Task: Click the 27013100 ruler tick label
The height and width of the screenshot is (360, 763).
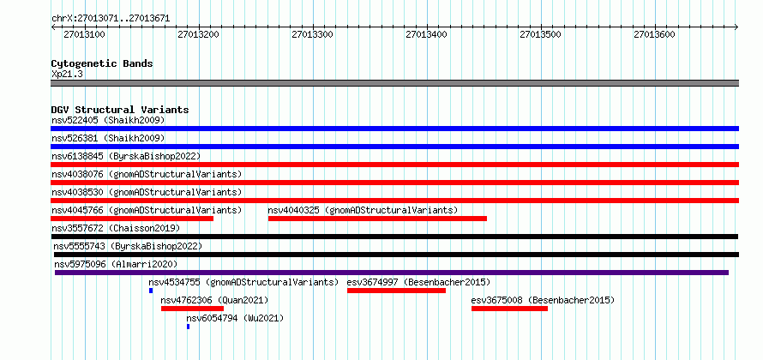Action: point(84,35)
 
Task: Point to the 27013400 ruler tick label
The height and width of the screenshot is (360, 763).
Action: point(426,35)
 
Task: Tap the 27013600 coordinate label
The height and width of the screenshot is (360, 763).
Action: point(654,35)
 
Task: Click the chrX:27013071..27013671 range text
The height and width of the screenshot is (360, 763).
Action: point(111,19)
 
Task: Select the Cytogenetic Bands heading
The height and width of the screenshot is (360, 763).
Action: point(102,63)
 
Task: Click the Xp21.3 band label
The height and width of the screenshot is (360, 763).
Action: point(68,75)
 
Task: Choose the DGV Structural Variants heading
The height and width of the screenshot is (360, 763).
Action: point(120,110)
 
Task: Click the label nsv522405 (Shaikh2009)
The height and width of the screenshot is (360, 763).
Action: point(108,120)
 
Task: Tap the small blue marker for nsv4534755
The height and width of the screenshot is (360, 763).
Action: point(151,291)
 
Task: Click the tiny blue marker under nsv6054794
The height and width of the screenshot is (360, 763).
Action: point(188,327)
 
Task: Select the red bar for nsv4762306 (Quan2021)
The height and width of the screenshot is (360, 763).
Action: point(192,309)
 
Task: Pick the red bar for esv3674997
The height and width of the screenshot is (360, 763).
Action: point(397,291)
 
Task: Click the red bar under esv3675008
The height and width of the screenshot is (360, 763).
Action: point(509,309)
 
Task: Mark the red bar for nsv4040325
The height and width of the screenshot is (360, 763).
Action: point(377,219)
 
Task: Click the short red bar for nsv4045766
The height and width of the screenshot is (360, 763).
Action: point(132,219)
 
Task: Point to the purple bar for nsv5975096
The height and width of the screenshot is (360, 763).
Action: point(392,273)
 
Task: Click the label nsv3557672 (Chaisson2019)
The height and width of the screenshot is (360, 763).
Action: point(116,228)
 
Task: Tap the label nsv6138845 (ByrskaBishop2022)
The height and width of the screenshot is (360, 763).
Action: point(126,156)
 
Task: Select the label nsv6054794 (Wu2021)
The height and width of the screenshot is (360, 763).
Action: point(235,319)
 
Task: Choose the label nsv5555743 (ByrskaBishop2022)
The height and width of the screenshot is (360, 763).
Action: point(128,246)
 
